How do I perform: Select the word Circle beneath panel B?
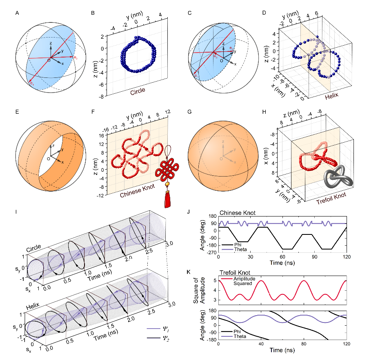[138, 92]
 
